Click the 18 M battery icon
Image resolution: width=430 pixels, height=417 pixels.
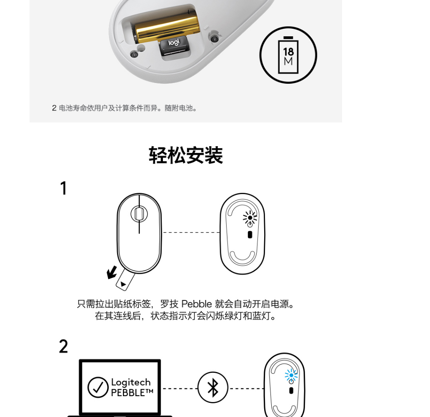tap(288, 55)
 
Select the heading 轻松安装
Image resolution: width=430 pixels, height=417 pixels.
tap(186, 155)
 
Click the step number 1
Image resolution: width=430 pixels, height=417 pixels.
tap(64, 188)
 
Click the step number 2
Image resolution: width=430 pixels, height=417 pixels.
tap(63, 346)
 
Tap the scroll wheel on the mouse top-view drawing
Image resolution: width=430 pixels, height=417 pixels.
tap(139, 214)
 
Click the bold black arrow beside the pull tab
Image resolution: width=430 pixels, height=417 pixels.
tap(112, 272)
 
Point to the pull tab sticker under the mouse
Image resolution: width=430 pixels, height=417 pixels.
tap(125, 280)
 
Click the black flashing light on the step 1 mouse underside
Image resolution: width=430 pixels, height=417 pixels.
tap(250, 218)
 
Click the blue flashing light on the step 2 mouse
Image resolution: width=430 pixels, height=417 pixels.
tap(291, 375)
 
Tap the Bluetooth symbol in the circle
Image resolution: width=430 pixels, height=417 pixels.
tap(213, 388)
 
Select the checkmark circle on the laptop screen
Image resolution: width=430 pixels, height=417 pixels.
tap(98, 387)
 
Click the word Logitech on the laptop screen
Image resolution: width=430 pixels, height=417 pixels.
tap(131, 382)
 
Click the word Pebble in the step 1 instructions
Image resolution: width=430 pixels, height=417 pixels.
tap(197, 304)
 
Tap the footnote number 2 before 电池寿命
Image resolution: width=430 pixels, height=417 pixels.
tap(54, 108)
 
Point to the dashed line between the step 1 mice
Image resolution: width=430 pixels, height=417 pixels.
tap(191, 232)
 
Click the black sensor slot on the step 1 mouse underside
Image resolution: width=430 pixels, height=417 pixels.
tap(250, 235)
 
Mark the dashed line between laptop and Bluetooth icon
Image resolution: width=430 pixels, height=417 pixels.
tap(180, 389)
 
